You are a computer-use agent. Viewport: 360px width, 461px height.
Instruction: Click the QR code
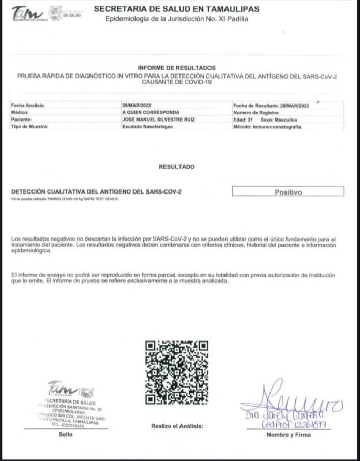177,373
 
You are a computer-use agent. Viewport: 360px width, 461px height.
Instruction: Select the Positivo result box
288,192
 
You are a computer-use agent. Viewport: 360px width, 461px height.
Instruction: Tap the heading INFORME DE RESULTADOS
177,68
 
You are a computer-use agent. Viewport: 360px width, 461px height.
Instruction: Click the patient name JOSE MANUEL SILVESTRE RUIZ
151,119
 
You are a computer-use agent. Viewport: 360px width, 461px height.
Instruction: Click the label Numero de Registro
256,112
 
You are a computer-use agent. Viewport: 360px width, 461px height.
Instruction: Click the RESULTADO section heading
177,167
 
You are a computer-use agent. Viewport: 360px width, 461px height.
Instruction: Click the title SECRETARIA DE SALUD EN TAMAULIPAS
177,9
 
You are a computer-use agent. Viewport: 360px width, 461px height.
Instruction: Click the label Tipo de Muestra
29,126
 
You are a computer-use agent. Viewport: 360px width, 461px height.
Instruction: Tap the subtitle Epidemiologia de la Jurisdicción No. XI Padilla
177,20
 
